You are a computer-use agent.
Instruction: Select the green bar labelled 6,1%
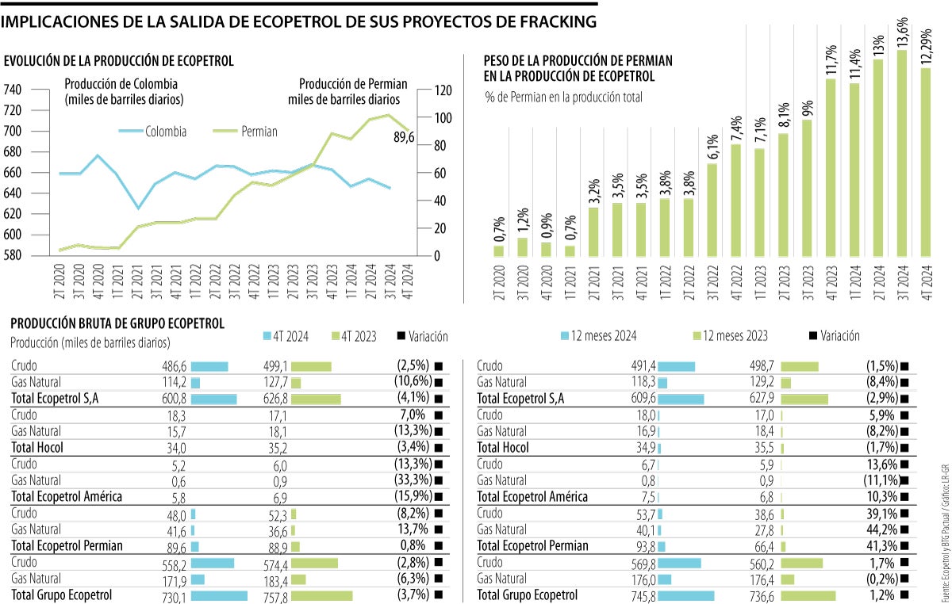point(712,210)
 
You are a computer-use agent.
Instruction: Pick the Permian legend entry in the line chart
point(246,132)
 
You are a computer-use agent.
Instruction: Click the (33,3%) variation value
point(413,480)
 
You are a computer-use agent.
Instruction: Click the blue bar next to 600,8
point(213,399)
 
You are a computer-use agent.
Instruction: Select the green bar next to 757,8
point(321,595)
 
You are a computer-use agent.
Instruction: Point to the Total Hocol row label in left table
point(38,448)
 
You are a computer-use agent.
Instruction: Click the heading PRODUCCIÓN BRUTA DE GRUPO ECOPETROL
point(117,323)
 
